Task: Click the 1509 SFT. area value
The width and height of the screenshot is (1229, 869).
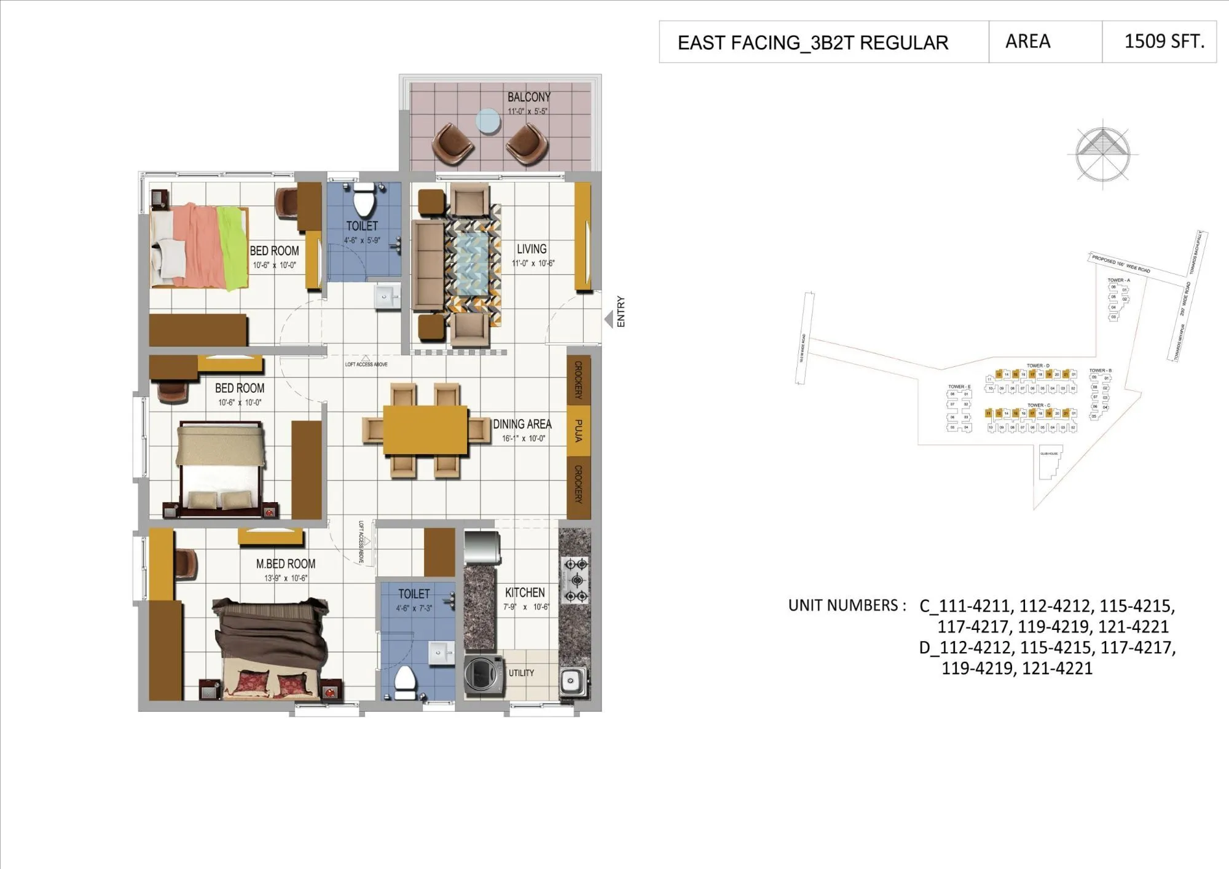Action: click(x=1164, y=41)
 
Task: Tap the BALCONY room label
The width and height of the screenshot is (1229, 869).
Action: click(x=528, y=97)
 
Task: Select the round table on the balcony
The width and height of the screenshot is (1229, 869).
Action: click(x=489, y=121)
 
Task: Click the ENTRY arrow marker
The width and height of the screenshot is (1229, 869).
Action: click(x=608, y=319)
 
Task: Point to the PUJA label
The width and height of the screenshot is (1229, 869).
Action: click(x=578, y=430)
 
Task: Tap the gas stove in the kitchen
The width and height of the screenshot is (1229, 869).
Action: click(x=576, y=580)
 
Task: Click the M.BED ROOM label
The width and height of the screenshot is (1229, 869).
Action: click(x=286, y=564)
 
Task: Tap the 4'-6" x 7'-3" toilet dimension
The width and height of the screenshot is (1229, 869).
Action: click(x=414, y=608)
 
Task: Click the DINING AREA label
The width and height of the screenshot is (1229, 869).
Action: click(x=522, y=424)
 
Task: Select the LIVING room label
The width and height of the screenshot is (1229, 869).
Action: click(x=532, y=249)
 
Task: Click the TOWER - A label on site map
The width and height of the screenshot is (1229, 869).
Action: click(x=1118, y=280)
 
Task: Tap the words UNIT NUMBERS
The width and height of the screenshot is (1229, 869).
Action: click(x=846, y=605)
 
